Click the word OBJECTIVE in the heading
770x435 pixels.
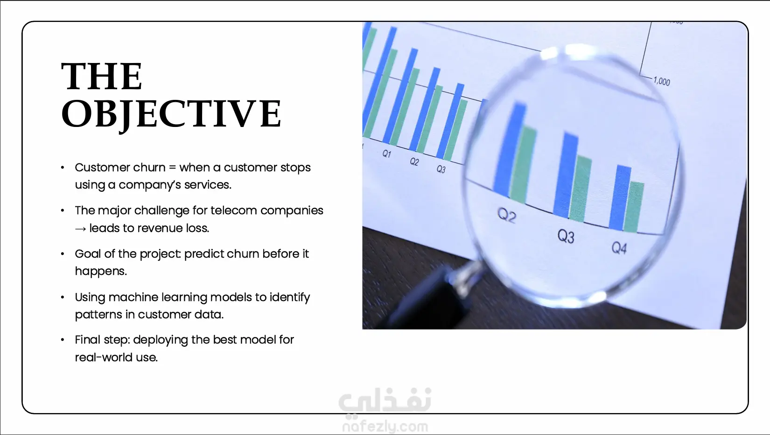[171, 114]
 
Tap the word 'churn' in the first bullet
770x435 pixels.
[149, 168]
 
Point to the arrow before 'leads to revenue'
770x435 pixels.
[80, 229]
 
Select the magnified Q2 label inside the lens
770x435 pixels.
[507, 216]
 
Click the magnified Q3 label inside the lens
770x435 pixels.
[566, 237]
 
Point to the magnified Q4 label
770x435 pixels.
[619, 247]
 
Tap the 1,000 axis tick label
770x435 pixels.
[662, 82]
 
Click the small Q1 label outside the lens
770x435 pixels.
[387, 154]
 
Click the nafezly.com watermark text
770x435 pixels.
[385, 427]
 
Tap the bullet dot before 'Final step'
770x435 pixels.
[62, 340]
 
